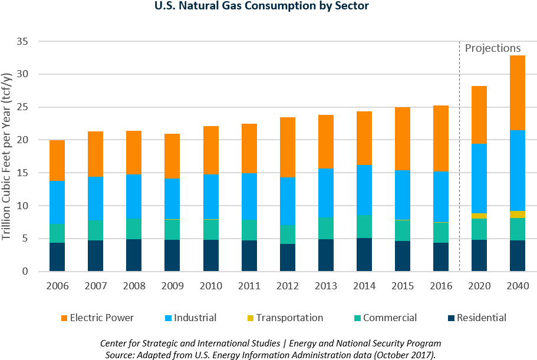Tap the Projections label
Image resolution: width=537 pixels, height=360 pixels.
pyautogui.click(x=493, y=48)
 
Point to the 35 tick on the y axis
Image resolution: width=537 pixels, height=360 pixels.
pyautogui.click(x=22, y=42)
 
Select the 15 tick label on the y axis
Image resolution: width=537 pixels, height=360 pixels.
pyautogui.click(x=22, y=173)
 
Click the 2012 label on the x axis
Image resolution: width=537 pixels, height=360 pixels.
pyautogui.click(x=287, y=286)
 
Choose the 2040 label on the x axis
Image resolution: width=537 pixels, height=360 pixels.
pyautogui.click(x=517, y=286)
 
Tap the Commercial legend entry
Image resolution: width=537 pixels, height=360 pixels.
pyautogui.click(x=390, y=318)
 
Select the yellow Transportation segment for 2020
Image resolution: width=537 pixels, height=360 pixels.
pyautogui.click(x=479, y=216)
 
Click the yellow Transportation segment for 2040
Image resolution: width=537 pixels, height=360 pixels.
pyautogui.click(x=517, y=214)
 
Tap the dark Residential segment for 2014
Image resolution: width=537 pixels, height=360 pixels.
pyautogui.click(x=364, y=255)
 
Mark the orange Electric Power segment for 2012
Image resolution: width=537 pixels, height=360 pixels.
pyautogui.click(x=287, y=147)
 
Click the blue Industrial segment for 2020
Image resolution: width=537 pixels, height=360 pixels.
pyautogui.click(x=479, y=179)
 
